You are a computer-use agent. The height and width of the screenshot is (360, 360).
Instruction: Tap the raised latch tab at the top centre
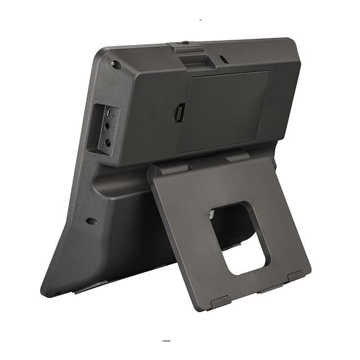[187, 48]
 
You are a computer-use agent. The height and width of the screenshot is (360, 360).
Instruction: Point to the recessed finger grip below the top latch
[197, 61]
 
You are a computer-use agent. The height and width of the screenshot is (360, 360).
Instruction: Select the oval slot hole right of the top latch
[224, 58]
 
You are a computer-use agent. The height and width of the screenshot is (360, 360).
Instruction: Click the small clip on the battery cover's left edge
[179, 113]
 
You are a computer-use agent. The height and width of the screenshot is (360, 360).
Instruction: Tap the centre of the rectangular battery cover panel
[223, 111]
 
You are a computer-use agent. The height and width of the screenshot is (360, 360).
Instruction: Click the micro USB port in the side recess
[107, 114]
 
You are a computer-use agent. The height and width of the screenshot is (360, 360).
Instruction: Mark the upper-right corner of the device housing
[294, 42]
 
